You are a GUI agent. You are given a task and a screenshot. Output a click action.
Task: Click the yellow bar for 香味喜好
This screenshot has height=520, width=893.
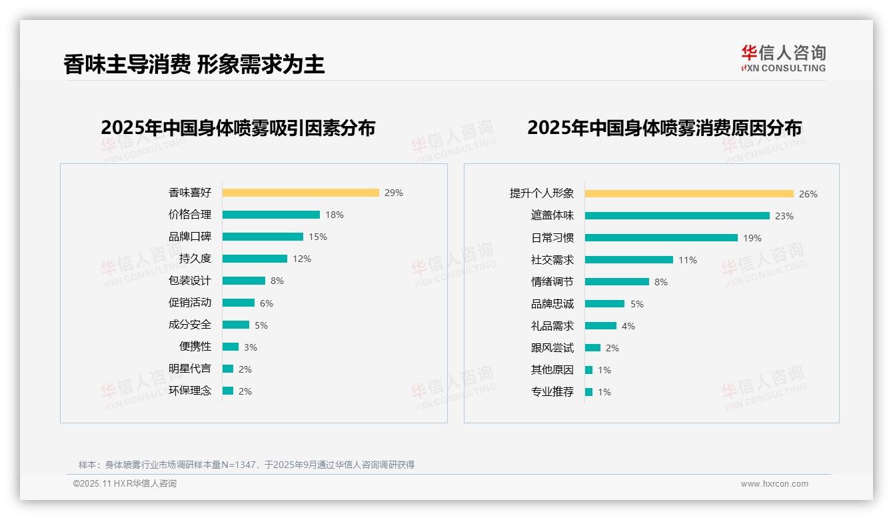coord(301,193)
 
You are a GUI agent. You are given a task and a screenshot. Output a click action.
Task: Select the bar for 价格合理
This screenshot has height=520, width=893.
coord(271,215)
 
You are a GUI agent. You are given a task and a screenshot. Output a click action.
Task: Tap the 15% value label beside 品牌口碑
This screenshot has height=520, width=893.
coord(318,237)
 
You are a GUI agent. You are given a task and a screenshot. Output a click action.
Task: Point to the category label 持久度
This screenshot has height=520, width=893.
coord(195,259)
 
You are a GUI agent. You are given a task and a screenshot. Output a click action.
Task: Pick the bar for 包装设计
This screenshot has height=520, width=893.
coord(244,281)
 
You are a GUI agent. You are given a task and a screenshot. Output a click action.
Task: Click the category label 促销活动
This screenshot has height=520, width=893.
coord(190,303)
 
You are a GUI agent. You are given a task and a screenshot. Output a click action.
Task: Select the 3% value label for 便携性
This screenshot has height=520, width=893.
coord(251,347)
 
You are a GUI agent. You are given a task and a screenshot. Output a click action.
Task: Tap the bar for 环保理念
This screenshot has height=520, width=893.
coord(228,391)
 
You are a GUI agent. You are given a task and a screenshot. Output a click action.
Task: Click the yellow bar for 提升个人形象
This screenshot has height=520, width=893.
coord(689,194)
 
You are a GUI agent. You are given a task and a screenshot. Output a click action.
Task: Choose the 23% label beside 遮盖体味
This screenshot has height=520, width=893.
coord(784,216)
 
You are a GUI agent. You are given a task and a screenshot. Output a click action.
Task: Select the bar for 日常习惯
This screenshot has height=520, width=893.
coord(661,238)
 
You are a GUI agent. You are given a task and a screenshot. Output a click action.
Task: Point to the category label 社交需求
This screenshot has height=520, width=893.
coord(552,260)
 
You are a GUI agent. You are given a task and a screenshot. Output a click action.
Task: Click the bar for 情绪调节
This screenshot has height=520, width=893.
coord(617,282)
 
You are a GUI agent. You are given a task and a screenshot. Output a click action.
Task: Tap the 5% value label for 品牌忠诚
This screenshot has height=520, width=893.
coord(637,304)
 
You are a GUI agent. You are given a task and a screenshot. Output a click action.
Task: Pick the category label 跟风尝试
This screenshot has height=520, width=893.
coord(552,348)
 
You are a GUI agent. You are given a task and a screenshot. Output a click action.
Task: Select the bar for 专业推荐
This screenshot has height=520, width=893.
coord(588,392)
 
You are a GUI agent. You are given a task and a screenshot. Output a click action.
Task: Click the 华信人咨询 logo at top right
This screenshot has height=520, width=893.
coord(783,59)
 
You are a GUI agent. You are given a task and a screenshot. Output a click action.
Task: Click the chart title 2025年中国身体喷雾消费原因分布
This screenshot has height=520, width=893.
coord(664,127)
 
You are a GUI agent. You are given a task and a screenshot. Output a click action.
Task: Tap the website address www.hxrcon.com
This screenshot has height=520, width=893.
coord(774,484)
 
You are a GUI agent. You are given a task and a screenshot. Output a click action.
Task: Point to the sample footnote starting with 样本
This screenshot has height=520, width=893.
coord(247,465)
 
